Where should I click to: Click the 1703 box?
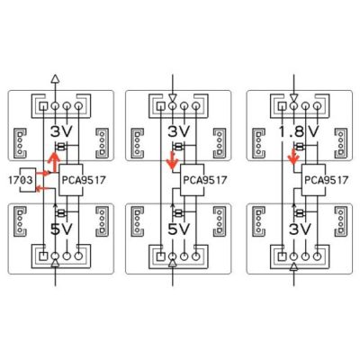tap(28, 180)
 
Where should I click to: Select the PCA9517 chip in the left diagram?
tap(71, 180)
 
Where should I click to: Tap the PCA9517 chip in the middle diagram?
tap(193, 180)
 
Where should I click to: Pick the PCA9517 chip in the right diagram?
tap(313, 180)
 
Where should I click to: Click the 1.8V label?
tap(299, 131)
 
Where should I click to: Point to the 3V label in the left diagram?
tap(61, 131)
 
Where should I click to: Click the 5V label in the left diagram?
tap(61, 229)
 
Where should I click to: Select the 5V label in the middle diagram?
tap(179, 229)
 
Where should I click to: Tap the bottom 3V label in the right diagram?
tap(300, 229)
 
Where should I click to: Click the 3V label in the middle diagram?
tap(179, 131)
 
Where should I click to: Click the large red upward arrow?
tap(54, 162)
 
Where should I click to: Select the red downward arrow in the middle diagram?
tap(172, 159)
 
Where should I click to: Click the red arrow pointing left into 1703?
tap(41, 188)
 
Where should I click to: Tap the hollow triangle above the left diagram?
tap(55, 78)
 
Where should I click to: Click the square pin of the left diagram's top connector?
tap(44, 105)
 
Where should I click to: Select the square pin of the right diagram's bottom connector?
tap(282, 256)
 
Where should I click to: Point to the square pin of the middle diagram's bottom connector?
tap(161, 256)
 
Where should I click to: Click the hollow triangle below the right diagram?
tap(294, 267)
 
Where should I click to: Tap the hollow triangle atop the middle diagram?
tap(172, 98)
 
